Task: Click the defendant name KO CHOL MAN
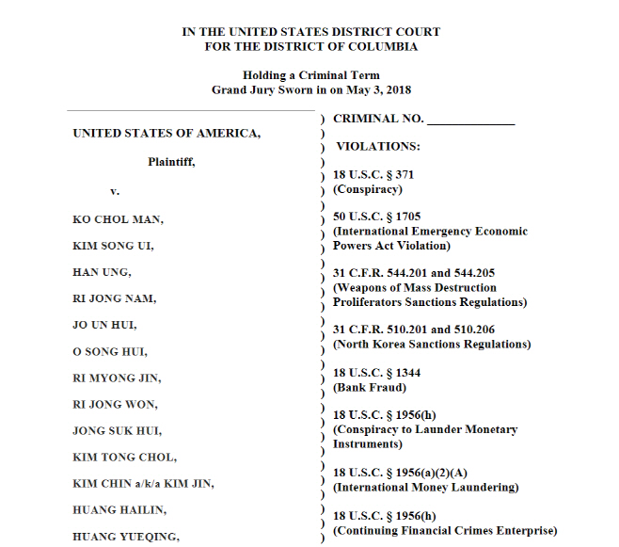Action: [x=119, y=219]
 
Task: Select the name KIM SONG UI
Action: [x=113, y=246]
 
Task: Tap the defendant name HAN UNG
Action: [x=103, y=272]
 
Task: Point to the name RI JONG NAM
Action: [x=115, y=298]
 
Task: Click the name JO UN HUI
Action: [x=105, y=325]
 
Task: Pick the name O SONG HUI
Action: [x=111, y=351]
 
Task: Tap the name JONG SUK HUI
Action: [x=118, y=431]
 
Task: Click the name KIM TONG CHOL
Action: [x=124, y=458]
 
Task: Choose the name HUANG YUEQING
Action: [x=126, y=537]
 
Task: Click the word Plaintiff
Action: [x=170, y=161]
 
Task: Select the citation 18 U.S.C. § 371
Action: [x=373, y=175]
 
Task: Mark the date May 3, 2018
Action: [x=380, y=89]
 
